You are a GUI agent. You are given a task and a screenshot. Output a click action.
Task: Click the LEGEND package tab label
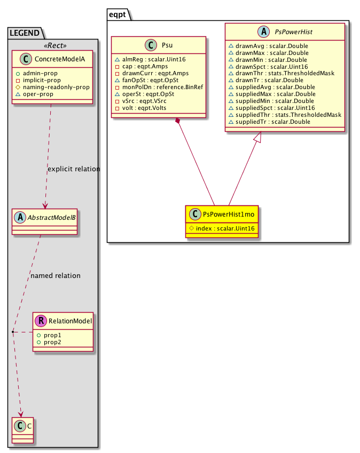pyautogui.click(x=24, y=33)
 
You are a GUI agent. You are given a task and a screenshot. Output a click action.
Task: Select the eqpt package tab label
pyautogui.click(x=118, y=15)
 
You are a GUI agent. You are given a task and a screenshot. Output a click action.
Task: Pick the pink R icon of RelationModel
pyautogui.click(x=42, y=321)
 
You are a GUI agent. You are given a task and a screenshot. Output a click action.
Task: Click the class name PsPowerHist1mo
pyautogui.click(x=228, y=214)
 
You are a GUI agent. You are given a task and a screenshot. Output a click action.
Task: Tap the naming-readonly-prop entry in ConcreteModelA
pyautogui.click(x=52, y=86)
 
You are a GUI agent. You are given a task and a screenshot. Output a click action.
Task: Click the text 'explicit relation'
pyautogui.click(x=74, y=169)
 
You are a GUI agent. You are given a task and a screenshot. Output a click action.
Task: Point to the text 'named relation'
pyautogui.click(x=56, y=276)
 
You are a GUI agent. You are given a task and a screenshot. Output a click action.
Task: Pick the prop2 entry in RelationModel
pyautogui.click(x=52, y=341)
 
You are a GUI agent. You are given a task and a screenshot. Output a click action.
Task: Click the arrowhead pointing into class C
pyautogui.click(x=21, y=414)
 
